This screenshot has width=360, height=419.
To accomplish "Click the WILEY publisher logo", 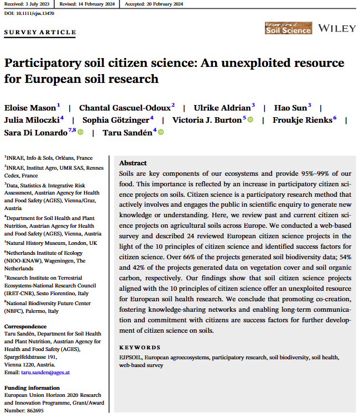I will [x=337, y=28].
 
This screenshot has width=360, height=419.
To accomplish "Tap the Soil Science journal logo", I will [x=288, y=28].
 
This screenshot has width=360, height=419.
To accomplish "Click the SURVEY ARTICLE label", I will [x=40, y=33].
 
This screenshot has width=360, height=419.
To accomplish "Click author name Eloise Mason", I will [x=30, y=107].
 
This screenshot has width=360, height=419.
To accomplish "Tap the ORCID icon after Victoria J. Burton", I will [x=250, y=119].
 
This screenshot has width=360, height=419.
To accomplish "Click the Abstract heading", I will [x=133, y=164].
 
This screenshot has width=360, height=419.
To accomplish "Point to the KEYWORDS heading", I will [x=140, y=347].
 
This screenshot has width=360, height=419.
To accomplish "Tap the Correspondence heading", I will [x=25, y=326].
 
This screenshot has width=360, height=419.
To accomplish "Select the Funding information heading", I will [x=31, y=388].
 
